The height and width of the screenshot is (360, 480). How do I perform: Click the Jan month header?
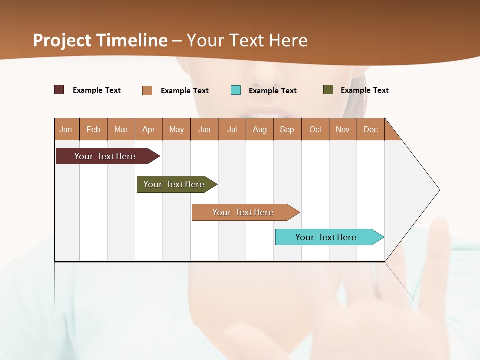66,129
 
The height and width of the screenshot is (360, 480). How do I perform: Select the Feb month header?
93,129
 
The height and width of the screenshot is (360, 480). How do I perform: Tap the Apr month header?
148,129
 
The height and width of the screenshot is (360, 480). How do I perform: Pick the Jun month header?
204,129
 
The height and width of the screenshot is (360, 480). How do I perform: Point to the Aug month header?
259,129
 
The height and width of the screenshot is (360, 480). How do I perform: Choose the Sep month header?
287,129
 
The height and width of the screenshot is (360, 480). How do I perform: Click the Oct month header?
315,129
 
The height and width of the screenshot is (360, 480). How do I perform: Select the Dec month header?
370,129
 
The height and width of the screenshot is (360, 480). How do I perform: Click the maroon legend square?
59,90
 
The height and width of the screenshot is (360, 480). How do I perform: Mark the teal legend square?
236,90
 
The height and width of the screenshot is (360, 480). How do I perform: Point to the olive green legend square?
328,90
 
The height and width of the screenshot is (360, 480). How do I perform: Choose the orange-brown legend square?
147,90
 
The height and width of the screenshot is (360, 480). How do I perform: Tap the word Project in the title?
62,40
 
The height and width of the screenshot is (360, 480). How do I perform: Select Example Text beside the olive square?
364,90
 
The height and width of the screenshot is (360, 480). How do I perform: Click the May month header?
176,129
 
